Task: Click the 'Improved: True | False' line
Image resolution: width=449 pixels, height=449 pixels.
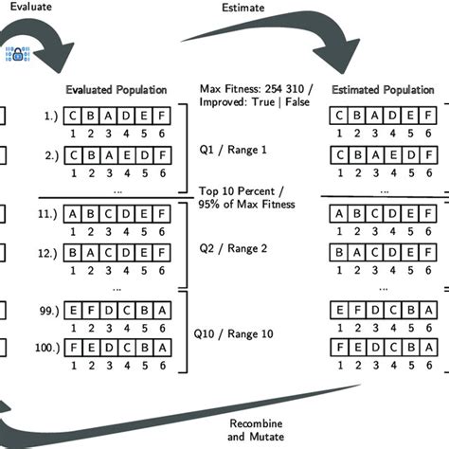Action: click(249, 104)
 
